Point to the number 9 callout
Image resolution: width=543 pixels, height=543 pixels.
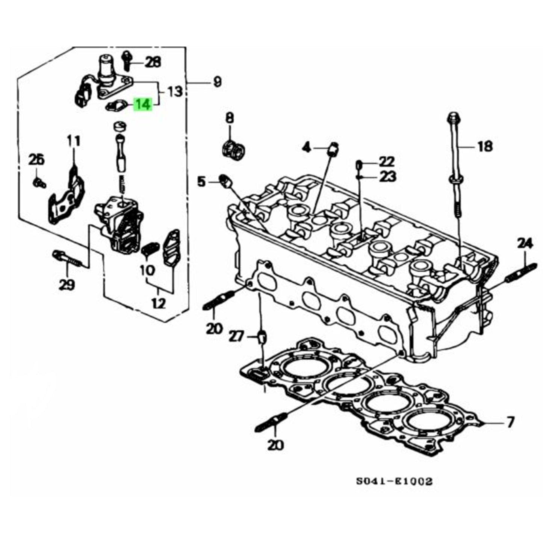(217, 82)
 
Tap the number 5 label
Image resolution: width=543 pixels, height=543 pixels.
(202, 182)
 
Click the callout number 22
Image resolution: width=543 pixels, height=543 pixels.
(387, 162)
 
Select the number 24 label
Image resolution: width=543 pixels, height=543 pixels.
(525, 244)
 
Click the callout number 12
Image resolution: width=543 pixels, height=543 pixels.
(159, 303)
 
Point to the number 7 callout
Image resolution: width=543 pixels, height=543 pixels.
(509, 423)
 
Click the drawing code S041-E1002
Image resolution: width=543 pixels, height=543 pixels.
(394, 481)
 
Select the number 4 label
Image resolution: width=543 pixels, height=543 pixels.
(307, 148)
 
